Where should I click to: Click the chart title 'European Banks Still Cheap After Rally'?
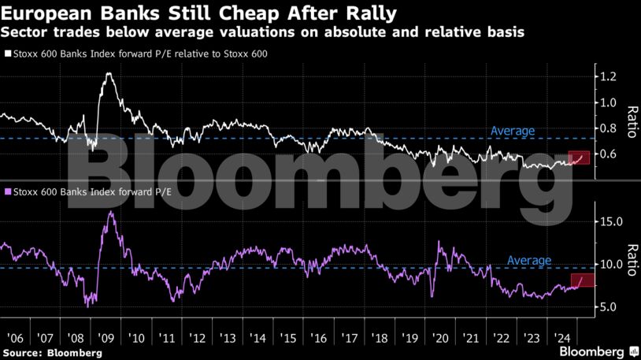point(198,13)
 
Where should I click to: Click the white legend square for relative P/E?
point(8,55)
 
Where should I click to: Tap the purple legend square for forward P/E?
point(8,191)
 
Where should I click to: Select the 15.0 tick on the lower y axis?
point(611,222)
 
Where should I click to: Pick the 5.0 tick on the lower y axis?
point(611,307)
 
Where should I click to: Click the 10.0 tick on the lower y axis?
point(611,265)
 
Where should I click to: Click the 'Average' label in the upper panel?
point(512,131)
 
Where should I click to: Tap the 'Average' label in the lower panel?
point(528,260)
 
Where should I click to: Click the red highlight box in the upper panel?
point(579,158)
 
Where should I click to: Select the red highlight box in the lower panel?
point(582,280)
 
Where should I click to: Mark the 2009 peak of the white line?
point(108,74)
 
